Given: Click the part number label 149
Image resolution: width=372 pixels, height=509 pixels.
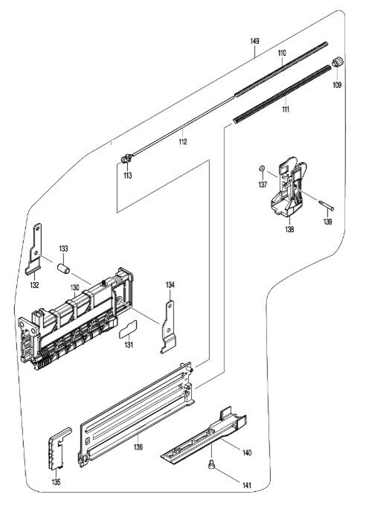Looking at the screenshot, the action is pos(254,41).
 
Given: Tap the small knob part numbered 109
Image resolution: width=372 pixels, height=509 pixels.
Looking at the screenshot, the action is pos(338,62).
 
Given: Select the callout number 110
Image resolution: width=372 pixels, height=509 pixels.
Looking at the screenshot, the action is pos(282,53).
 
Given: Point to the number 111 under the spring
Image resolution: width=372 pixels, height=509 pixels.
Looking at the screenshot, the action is pos(286,109).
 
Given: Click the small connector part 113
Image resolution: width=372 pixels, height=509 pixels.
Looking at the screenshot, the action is pos(126,159).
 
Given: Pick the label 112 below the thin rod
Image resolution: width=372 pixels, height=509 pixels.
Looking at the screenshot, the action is pos(183,141).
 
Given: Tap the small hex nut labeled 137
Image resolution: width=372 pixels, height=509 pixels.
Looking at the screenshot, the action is pos(262,168).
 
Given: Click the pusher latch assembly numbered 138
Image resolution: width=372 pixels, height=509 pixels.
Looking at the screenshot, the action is pos(288,187).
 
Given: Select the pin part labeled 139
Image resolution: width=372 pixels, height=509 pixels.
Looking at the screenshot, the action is pos(326,205).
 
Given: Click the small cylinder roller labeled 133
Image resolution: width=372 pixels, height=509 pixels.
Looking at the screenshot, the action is pos(64,269).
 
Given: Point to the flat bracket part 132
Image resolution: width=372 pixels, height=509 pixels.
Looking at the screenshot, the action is pos(34,249).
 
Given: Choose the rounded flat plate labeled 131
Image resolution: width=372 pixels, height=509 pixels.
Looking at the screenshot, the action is pos(128,330).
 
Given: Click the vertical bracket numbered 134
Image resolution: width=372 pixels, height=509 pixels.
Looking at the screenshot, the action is pos(168,327).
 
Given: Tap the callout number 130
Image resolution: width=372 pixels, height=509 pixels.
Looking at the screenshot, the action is pos(75,287).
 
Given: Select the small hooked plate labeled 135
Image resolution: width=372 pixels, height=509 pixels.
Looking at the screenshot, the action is pos(60,448).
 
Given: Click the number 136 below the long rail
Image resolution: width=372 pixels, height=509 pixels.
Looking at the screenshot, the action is pos(138,447).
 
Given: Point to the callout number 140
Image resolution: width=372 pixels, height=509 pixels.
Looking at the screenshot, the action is pos(247,452).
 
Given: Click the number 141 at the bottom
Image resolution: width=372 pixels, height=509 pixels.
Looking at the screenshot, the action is pos(247,486).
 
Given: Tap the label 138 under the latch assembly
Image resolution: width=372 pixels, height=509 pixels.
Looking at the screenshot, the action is pos(289,229).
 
